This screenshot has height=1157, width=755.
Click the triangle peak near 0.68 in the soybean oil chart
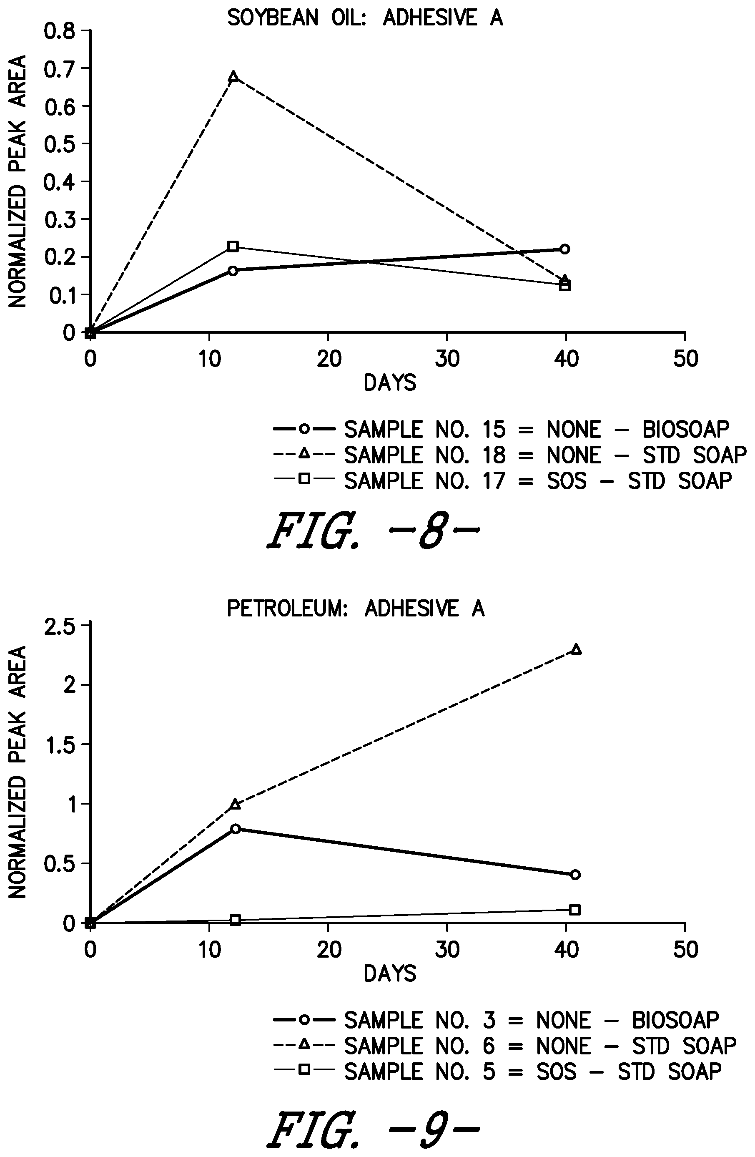(233, 76)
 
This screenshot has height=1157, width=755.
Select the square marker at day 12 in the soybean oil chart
(233, 246)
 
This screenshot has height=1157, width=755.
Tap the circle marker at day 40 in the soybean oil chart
(564, 249)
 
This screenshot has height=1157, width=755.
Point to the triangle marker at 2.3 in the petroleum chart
(576, 649)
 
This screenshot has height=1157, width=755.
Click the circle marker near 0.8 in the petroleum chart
(236, 829)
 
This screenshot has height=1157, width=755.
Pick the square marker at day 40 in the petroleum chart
(575, 910)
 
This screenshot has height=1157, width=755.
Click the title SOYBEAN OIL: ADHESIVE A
(365, 18)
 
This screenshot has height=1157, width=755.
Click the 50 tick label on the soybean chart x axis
(685, 359)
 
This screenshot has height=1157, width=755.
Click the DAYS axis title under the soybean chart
(390, 383)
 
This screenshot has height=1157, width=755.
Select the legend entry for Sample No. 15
(502, 429)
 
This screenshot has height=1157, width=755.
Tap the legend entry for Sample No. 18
(510, 455)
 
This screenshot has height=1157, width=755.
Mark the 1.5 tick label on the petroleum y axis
(60, 745)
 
